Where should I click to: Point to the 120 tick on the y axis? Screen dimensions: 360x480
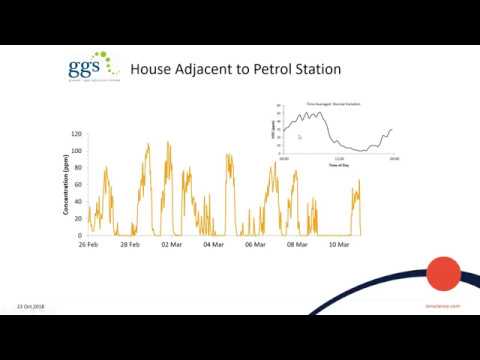76,133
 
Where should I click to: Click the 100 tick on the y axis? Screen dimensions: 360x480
76,150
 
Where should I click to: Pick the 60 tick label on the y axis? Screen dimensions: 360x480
78,184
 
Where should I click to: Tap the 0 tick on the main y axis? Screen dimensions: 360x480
80,235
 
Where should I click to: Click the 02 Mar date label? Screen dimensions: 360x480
172,244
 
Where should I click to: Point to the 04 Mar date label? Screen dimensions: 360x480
213,244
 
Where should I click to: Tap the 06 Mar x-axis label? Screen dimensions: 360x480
255,244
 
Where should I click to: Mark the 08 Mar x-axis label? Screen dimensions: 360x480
297,244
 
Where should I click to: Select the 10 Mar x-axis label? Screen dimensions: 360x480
339,244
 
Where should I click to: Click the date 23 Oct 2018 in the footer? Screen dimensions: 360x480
33,306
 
